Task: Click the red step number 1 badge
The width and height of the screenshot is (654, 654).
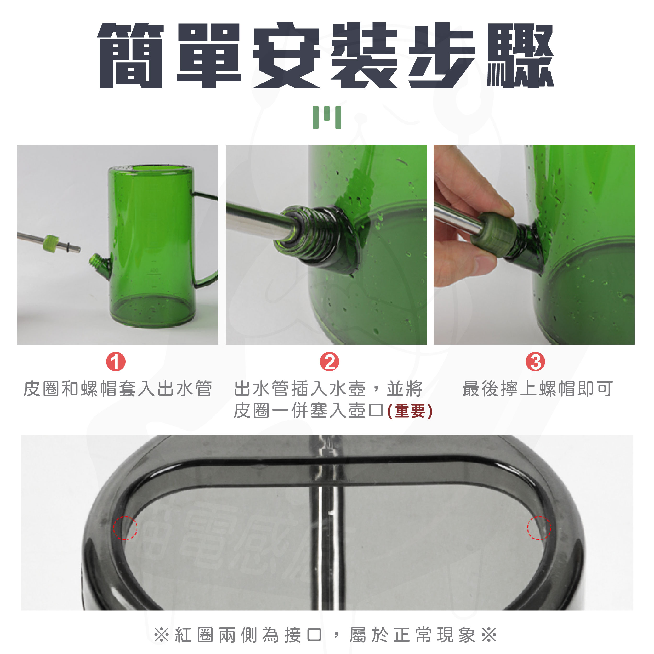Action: tap(116, 362)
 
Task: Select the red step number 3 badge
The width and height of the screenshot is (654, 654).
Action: tap(535, 362)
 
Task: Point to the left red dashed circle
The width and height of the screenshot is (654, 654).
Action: tap(125, 528)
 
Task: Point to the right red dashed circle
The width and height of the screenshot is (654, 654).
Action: tap(539, 528)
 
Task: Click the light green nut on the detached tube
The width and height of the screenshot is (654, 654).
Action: tap(51, 243)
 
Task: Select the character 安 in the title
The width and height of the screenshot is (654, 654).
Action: tap(286, 55)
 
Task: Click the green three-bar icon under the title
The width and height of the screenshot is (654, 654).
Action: tap(327, 117)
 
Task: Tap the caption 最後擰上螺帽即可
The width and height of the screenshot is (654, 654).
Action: tap(538, 388)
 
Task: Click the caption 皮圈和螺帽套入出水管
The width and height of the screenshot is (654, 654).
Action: tap(118, 388)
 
